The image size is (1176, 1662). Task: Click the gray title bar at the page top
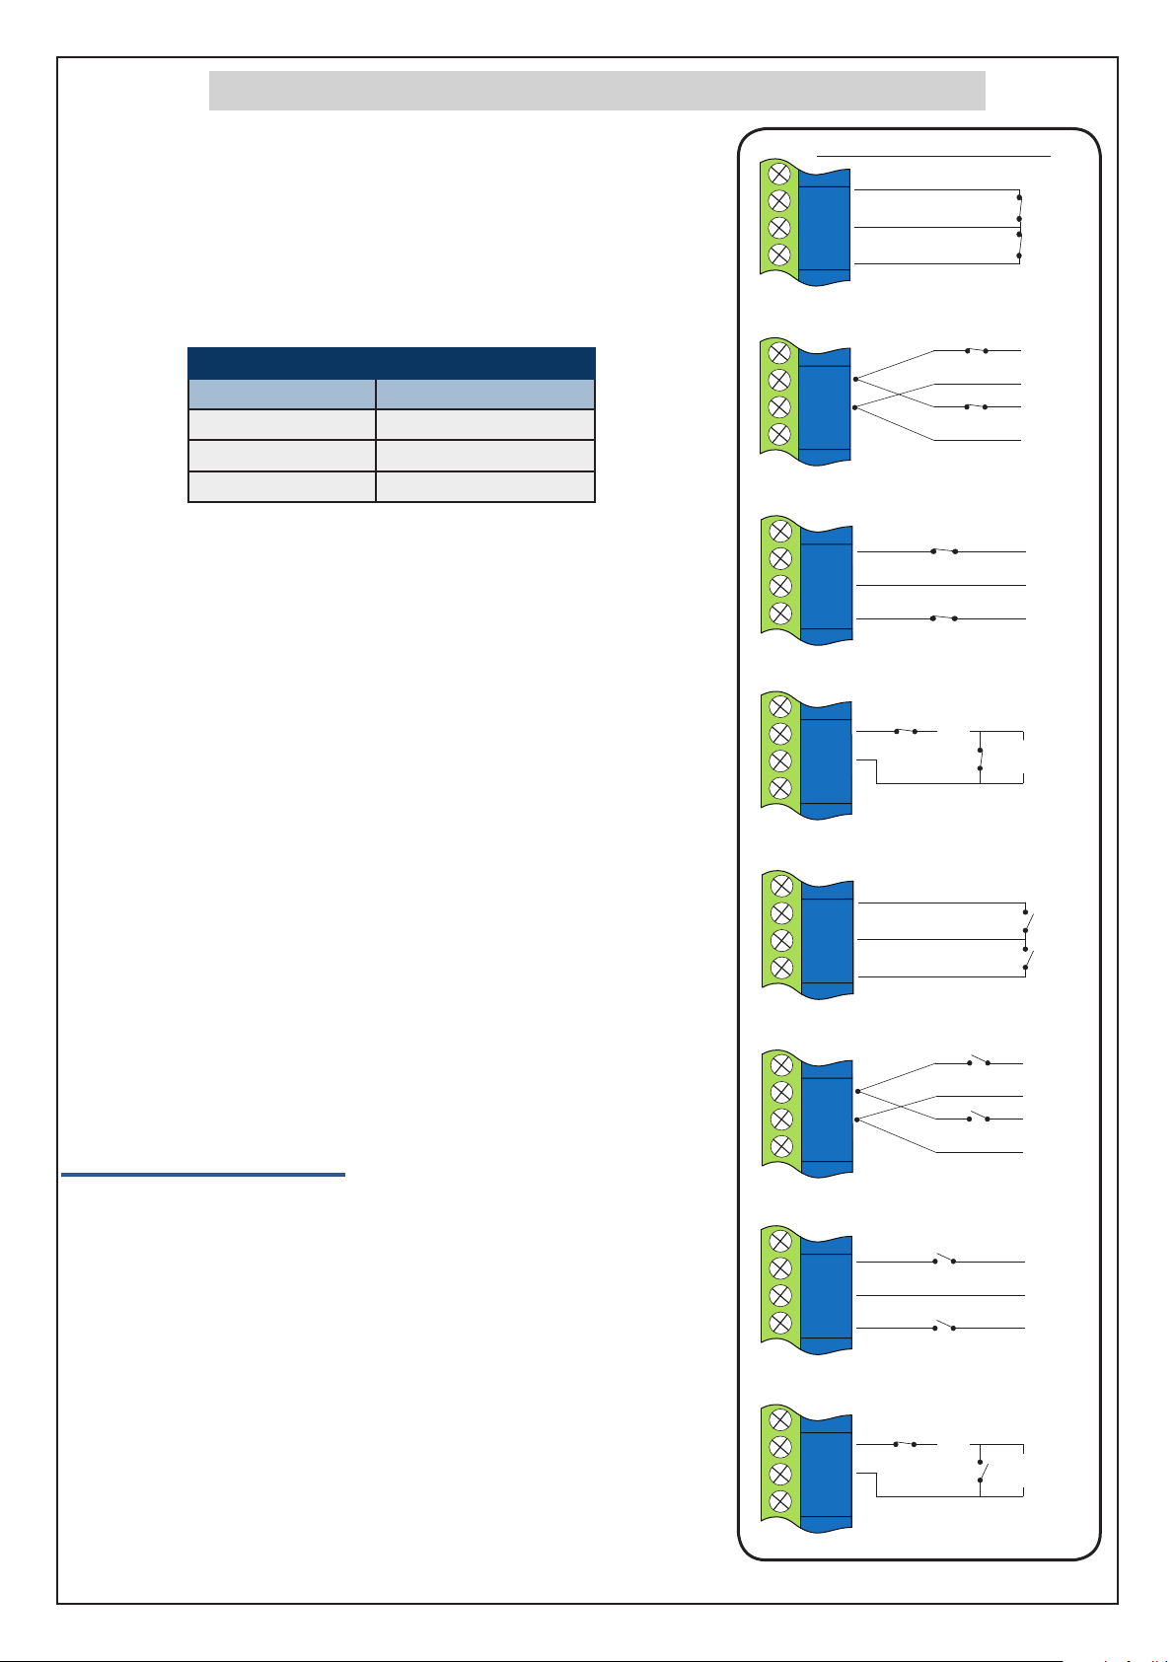(x=597, y=90)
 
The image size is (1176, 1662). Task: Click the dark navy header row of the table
(x=391, y=362)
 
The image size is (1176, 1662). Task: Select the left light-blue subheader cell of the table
(x=281, y=395)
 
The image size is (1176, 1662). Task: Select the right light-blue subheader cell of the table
(x=485, y=395)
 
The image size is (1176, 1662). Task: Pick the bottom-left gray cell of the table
(x=281, y=487)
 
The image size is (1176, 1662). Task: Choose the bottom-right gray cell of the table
(x=485, y=487)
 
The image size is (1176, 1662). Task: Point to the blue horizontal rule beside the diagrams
(x=202, y=1175)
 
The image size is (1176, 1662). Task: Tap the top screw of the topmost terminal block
(x=778, y=174)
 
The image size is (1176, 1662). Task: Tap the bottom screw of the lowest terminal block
(x=779, y=1501)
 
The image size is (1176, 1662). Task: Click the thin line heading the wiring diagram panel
(x=933, y=155)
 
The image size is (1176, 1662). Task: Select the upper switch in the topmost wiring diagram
(x=1019, y=208)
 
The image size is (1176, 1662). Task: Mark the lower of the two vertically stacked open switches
(x=1027, y=959)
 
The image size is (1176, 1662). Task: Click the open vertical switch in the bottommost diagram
(x=980, y=1471)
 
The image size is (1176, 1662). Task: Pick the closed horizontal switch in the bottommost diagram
(x=905, y=1444)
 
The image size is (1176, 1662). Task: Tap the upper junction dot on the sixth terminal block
(x=858, y=1091)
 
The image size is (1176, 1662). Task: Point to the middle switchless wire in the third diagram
(x=942, y=586)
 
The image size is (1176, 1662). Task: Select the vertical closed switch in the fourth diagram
(x=980, y=759)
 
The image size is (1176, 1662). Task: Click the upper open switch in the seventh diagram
(x=945, y=1261)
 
